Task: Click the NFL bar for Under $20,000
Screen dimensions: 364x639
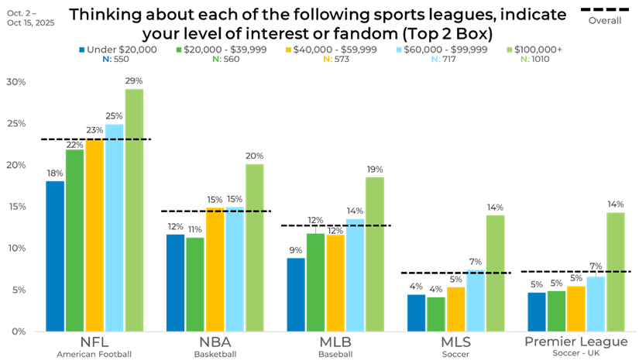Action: coord(55,256)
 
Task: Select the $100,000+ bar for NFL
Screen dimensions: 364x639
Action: coord(134,210)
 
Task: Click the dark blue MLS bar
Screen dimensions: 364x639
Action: coord(416,313)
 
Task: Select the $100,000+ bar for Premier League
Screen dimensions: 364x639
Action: coord(616,272)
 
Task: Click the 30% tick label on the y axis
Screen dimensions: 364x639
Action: coord(15,82)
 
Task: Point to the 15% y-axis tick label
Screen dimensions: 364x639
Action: coord(15,207)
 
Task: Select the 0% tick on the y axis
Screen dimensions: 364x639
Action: coord(18,331)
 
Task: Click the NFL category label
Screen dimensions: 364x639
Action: coord(94,343)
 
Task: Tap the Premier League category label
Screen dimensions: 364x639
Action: coord(575,342)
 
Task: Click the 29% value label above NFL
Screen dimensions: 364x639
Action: coord(134,81)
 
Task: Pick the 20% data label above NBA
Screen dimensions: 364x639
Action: coord(254,156)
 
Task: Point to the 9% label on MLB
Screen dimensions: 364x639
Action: coord(295,250)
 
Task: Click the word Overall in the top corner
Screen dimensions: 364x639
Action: coord(605,21)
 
